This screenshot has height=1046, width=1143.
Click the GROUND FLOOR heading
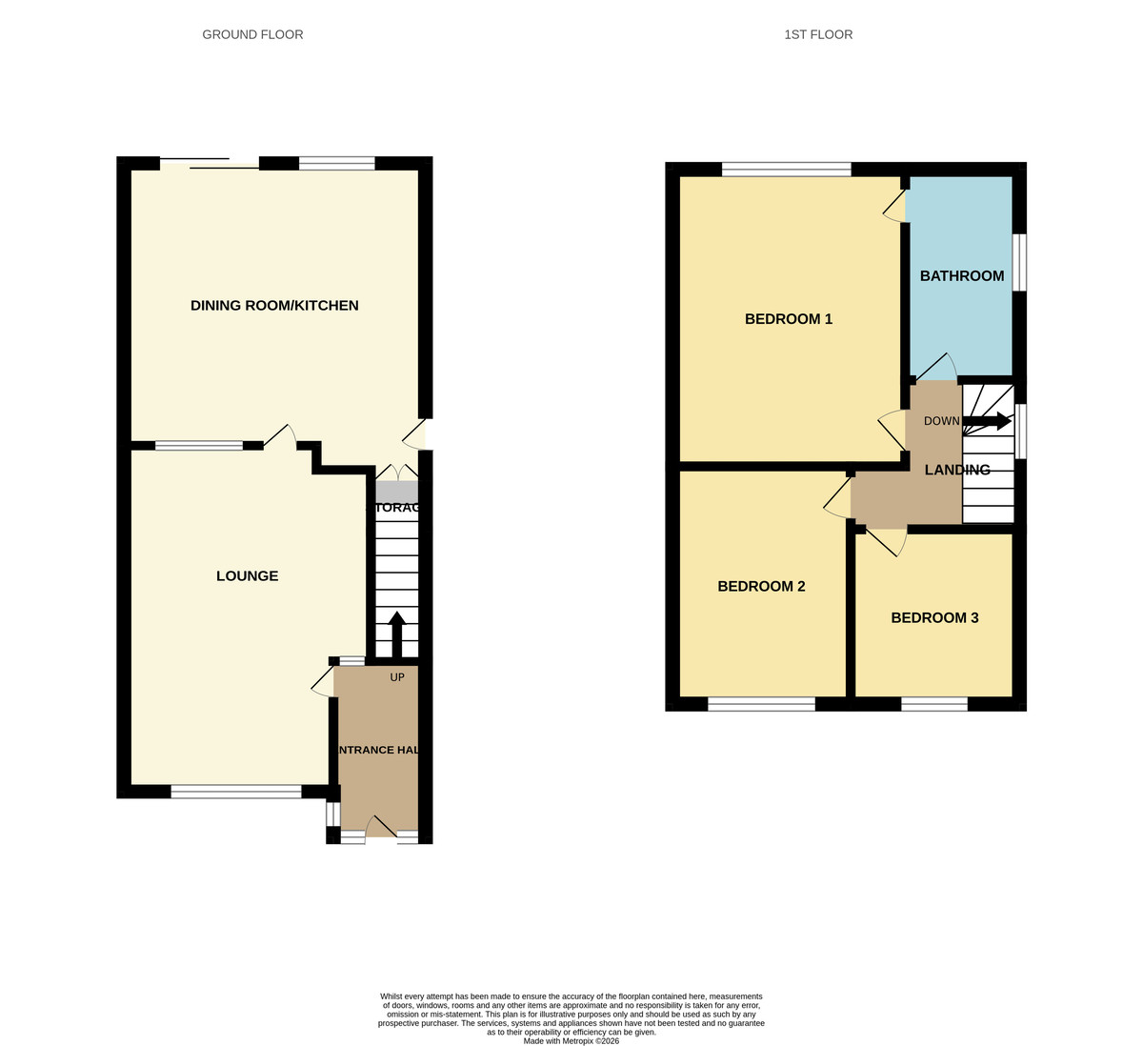[x=252, y=34]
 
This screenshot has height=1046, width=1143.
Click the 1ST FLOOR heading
[x=818, y=34]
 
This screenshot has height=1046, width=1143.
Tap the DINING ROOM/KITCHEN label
[x=274, y=306]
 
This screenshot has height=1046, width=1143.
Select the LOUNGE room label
[x=247, y=576]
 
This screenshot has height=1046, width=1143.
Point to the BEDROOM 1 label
[x=788, y=319]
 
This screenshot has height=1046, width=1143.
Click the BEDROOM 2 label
[x=761, y=587]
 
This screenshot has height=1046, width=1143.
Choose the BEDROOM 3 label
[x=934, y=618]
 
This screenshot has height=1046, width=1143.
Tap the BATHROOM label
[x=961, y=276]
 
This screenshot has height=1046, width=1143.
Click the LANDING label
[x=957, y=470]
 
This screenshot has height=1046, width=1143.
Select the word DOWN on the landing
[x=941, y=421]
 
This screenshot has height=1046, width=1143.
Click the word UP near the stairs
[x=397, y=678]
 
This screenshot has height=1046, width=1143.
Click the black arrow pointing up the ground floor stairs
[x=397, y=632]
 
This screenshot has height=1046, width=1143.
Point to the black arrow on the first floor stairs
[x=987, y=421]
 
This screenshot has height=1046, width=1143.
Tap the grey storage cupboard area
[x=396, y=492]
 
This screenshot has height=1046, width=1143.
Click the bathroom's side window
[x=1019, y=262]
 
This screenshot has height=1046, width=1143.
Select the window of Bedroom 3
[x=933, y=704]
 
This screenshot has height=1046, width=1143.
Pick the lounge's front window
[x=236, y=792]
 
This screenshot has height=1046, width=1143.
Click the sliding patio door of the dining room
[x=210, y=164]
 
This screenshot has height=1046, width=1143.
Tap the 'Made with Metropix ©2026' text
[x=571, y=1041]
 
